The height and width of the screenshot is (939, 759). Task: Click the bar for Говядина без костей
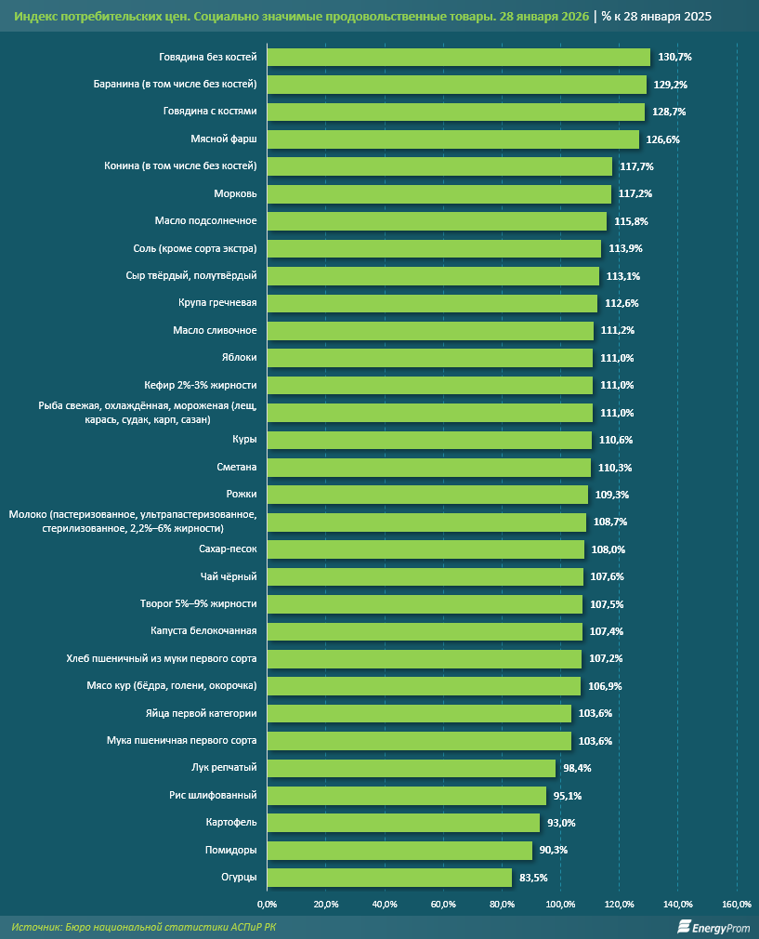pyautogui.click(x=459, y=58)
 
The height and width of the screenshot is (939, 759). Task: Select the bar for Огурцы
pyautogui.click(x=389, y=878)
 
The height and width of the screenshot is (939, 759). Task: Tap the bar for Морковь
pyautogui.click(x=438, y=194)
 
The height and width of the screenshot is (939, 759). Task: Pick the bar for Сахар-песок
pyautogui.click(x=425, y=549)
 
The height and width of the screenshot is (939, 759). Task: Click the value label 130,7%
pyautogui.click(x=674, y=58)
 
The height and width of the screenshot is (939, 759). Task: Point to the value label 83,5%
pyautogui.click(x=534, y=878)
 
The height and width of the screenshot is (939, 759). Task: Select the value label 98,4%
pyautogui.click(x=578, y=768)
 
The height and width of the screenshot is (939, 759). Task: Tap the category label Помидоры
pyautogui.click(x=231, y=851)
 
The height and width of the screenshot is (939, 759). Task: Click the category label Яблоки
pyautogui.click(x=239, y=358)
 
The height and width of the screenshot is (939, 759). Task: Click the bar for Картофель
pyautogui.click(x=403, y=823)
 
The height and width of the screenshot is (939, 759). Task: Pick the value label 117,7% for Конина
pyautogui.click(x=636, y=166)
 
